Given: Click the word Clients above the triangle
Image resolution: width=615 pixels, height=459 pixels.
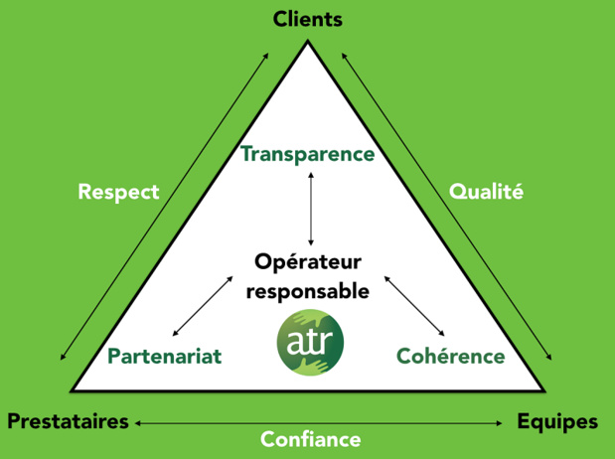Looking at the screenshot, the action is coord(308,19).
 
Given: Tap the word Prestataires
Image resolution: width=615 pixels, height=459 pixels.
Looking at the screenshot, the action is coord(68,421).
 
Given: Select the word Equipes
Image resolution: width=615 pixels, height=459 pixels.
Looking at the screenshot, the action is coord(557,422).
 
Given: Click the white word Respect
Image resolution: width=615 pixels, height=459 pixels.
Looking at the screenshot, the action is coord(118,192).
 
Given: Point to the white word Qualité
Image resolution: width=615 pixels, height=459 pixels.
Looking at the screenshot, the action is coord(486,192).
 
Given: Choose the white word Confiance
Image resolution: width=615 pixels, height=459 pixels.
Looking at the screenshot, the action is coord(311,439).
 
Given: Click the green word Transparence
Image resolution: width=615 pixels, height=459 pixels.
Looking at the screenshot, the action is coord(308,154).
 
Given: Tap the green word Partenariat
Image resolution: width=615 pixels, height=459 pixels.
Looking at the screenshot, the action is coord(165,357).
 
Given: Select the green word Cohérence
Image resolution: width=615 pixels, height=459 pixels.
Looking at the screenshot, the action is coord(451,357).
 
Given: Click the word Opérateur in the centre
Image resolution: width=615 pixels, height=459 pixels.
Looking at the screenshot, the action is coord(308,262).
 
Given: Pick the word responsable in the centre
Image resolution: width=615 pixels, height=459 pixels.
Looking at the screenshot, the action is coord(308,292).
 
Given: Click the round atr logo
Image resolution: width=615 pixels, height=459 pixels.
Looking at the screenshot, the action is coord(310,343).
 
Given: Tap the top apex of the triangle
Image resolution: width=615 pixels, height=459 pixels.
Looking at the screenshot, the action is coord(308,40).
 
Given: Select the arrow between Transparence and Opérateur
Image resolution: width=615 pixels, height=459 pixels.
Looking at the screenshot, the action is coord(311,209).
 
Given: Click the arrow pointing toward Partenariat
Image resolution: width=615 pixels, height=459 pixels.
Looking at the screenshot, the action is coord(203,306).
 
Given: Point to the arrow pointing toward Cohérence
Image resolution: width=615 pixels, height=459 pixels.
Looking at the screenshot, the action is coord(414,306).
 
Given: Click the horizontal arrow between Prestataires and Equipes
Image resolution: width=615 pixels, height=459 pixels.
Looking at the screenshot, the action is coord(319,423).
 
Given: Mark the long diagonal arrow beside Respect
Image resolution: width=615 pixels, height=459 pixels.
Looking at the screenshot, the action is coord(164,207).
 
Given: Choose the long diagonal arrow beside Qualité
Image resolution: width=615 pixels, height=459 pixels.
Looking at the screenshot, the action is coord(447,207).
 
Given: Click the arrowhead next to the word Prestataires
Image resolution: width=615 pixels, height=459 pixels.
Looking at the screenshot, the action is coord(138,423).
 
